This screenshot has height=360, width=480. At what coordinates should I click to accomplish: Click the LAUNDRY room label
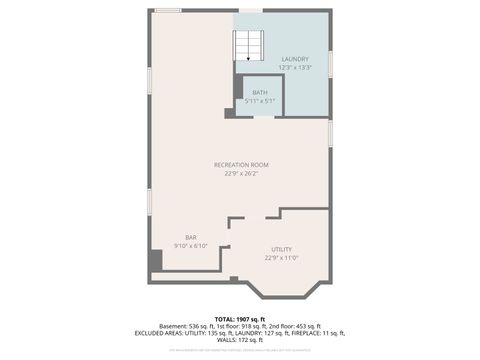pos(295,59)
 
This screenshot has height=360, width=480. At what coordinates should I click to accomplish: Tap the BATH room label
pos(259,93)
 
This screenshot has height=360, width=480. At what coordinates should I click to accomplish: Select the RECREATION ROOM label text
pos(241,164)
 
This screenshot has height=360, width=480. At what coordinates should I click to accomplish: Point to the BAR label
pos(190,237)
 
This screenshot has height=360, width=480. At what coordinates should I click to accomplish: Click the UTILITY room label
pos(282,249)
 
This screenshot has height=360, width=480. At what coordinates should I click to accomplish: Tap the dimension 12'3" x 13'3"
pos(295,67)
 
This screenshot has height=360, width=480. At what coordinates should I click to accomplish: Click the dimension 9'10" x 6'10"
pos(190,245)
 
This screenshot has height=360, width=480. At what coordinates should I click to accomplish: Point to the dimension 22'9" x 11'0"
pos(282,257)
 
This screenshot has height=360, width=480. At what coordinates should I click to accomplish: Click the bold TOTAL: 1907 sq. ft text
pos(240,318)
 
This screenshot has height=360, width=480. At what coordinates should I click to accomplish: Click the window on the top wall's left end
pos(168,11)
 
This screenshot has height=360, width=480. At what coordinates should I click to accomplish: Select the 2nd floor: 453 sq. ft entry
pos(296,326)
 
